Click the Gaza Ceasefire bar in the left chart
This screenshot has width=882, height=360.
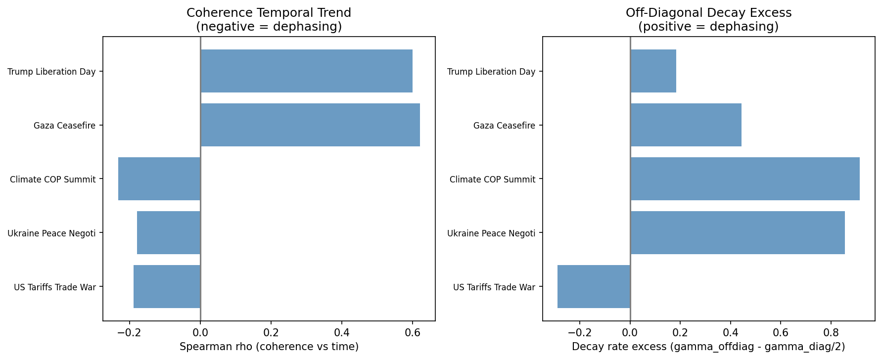[310, 125]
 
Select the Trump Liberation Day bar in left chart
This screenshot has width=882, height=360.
[306, 71]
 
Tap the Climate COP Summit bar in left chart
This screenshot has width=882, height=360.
[159, 179]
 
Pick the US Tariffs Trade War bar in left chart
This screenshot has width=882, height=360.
[167, 287]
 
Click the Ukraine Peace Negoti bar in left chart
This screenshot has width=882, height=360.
[169, 233]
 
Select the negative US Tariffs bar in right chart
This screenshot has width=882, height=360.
[594, 287]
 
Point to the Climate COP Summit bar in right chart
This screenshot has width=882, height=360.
[744, 179]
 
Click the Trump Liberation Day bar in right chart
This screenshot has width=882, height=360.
[653, 71]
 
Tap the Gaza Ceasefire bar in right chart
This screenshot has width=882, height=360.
[686, 125]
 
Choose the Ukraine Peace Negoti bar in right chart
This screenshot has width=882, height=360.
[737, 233]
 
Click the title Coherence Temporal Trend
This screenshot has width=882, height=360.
[269, 13]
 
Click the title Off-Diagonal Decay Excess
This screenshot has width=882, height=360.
[708, 13]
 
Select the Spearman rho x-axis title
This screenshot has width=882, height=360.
[269, 347]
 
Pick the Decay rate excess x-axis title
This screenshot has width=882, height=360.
[708, 347]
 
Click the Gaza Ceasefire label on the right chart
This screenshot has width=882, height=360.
[504, 126]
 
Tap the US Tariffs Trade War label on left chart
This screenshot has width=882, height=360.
[54, 287]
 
